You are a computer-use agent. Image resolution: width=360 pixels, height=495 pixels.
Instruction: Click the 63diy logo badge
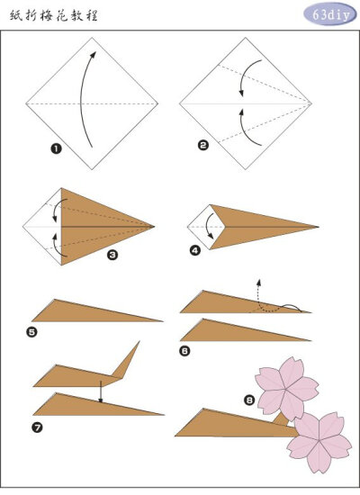pos(330,13)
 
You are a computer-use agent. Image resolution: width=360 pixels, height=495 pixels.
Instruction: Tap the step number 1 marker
pos(56,148)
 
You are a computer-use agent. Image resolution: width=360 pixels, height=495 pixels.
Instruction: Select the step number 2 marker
pos(203,145)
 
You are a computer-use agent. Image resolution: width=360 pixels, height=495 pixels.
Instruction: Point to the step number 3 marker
pos(112,255)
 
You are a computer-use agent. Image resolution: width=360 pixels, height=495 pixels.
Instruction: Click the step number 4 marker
pos(195,250)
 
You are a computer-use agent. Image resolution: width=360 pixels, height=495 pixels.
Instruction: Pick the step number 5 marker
pos(31,332)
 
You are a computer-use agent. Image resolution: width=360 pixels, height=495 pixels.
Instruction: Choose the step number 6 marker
pos(184,351)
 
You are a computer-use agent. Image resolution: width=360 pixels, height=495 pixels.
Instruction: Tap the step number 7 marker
pos(37,427)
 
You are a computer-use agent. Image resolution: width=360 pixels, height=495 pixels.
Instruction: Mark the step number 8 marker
pos(249,400)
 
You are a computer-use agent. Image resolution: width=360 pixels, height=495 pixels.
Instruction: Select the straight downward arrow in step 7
pos(101,391)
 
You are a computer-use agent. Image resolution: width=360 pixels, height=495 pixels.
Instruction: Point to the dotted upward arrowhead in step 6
pos(259,282)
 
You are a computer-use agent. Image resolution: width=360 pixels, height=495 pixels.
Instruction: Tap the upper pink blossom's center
pos(286,390)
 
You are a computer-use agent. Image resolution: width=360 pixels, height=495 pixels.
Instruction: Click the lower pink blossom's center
pos(319,440)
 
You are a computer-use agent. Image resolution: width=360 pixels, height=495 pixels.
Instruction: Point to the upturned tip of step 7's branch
pos(139,341)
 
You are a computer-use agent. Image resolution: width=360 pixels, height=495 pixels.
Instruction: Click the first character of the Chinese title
pos(15,15)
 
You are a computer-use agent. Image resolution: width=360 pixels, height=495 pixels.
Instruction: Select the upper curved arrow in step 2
pos(246,76)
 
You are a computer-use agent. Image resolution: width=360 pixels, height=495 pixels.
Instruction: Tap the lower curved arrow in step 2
pos(245,130)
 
